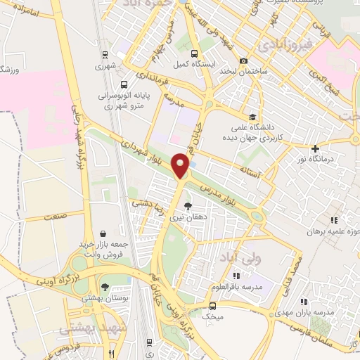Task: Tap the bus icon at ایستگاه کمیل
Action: pyautogui.click(x=193, y=53)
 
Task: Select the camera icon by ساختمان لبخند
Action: pyautogui.click(x=243, y=61)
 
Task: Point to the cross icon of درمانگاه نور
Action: pyautogui.click(x=315, y=148)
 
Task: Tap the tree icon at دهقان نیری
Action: pyautogui.click(x=187, y=206)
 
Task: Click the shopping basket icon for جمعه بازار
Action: pyautogui.click(x=103, y=233)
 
